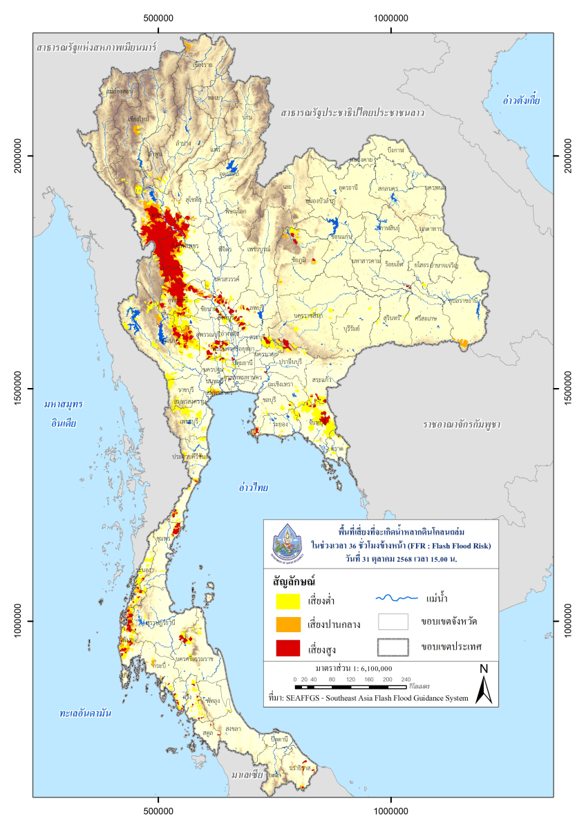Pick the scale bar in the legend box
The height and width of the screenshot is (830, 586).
point(352,687)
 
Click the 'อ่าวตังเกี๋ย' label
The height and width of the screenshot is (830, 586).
point(521,100)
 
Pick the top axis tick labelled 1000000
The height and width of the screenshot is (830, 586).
point(391,19)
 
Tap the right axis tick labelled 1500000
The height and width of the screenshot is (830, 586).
point(569,389)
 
